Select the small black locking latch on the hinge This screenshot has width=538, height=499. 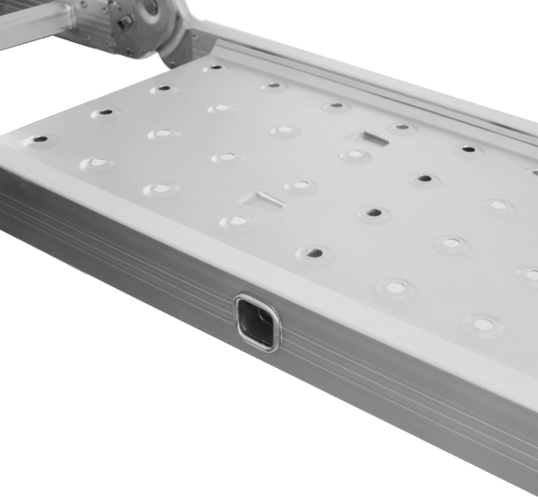125,21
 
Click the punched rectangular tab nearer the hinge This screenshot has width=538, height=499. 369,138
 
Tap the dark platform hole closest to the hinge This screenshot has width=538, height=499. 213,68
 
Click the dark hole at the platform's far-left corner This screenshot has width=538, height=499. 39,140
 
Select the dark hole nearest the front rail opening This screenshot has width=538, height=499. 314,253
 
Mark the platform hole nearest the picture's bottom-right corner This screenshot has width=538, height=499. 482,323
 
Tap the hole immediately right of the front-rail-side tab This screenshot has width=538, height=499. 300,187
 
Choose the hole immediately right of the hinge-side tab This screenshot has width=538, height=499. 403,128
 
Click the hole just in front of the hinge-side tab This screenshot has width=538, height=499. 355,155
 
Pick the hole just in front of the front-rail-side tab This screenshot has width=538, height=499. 239,220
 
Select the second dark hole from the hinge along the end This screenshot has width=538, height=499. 162,90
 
